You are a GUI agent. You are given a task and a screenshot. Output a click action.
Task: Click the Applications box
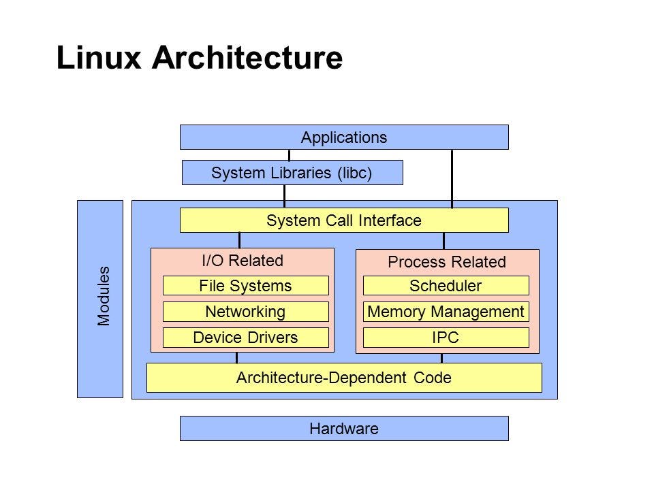point(344,137)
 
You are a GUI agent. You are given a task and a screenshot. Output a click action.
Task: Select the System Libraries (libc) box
point(292,173)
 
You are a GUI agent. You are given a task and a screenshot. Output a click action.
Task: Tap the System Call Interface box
point(344,220)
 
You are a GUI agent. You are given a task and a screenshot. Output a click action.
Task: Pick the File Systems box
point(245,286)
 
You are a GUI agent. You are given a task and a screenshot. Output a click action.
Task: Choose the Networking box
point(245,312)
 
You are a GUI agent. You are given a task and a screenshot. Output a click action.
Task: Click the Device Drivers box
point(245,338)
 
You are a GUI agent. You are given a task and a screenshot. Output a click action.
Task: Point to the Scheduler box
point(446,286)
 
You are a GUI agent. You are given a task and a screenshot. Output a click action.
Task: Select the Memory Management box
point(446,312)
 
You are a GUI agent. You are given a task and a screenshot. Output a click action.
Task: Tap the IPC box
point(446,338)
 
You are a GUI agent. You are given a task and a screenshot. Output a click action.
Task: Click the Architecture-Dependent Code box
point(344,378)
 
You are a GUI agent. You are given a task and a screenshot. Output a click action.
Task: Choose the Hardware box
point(344,429)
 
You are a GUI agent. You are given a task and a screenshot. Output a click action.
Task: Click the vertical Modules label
point(104,297)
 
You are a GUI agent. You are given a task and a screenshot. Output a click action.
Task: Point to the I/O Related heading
point(243,261)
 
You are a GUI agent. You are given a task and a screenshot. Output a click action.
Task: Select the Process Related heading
point(447,262)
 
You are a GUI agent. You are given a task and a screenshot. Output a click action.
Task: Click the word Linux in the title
point(99,59)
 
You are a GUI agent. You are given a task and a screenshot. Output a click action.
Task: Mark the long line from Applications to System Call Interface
point(452,178)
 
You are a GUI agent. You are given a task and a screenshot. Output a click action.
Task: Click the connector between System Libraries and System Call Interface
point(284,196)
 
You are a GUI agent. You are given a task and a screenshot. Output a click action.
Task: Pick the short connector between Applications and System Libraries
point(289,154)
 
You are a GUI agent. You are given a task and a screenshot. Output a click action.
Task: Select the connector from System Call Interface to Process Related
point(443,241)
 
